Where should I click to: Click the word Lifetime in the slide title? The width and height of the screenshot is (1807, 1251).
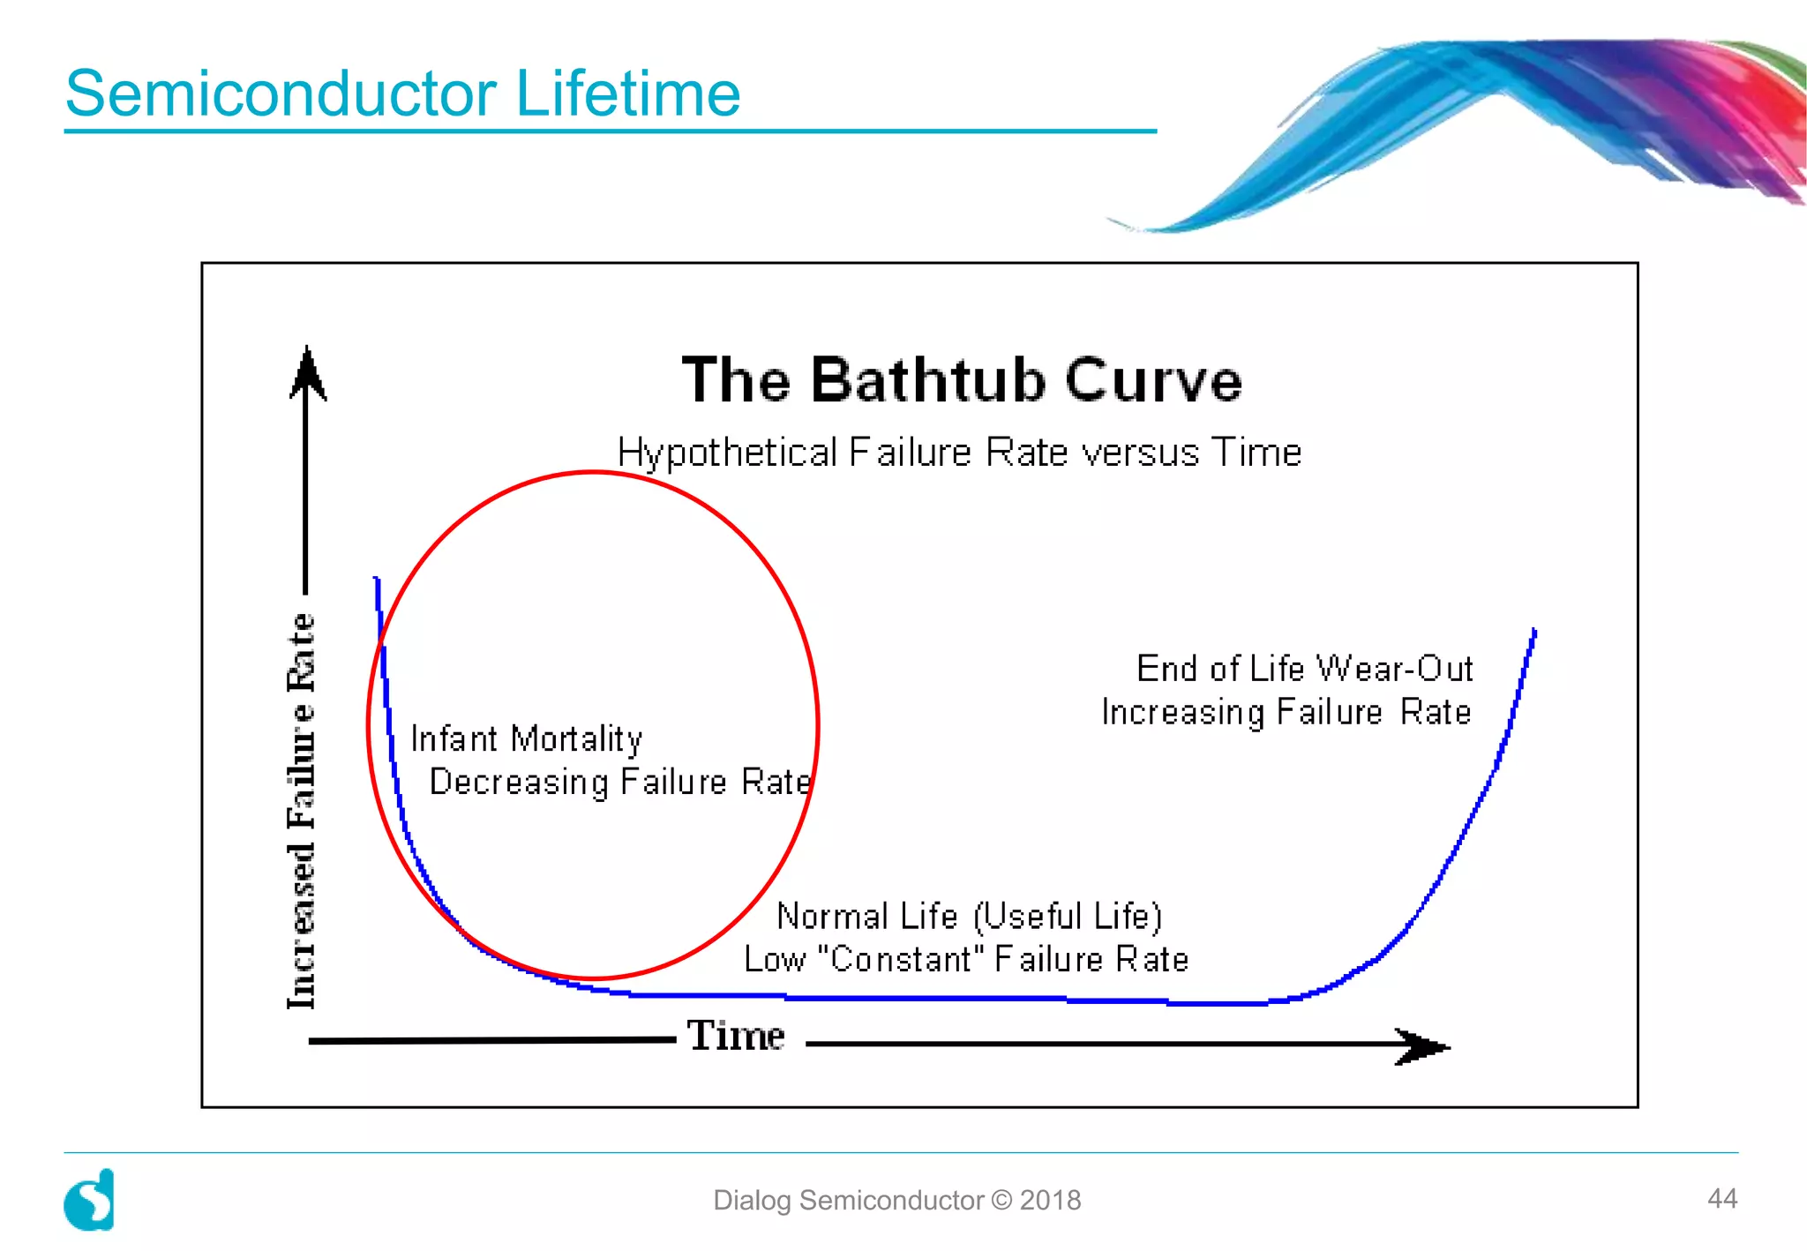tap(627, 94)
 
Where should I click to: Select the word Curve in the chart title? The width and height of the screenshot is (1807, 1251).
tap(1153, 380)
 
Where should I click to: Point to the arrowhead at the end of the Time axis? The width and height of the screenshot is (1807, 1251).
tap(1422, 1046)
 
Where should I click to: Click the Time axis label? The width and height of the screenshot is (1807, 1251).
tap(736, 1036)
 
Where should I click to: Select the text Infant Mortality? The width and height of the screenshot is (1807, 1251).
tap(527, 739)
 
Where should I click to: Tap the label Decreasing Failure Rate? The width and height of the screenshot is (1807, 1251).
tap(620, 783)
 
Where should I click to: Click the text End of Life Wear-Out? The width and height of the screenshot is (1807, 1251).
tap(1304, 669)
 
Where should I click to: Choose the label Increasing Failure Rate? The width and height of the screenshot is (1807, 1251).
tap(1286, 712)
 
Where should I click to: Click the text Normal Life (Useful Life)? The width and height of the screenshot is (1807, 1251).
tap(969, 917)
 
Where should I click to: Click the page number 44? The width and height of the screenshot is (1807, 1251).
tap(1721, 1198)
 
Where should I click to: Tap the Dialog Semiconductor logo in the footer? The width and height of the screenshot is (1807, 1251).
tap(90, 1200)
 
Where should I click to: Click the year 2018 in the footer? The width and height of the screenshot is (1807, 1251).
tap(1050, 1201)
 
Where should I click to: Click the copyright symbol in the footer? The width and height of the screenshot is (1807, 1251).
tap(1001, 1201)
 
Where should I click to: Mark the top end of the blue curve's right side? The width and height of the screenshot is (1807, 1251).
tap(1533, 632)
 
